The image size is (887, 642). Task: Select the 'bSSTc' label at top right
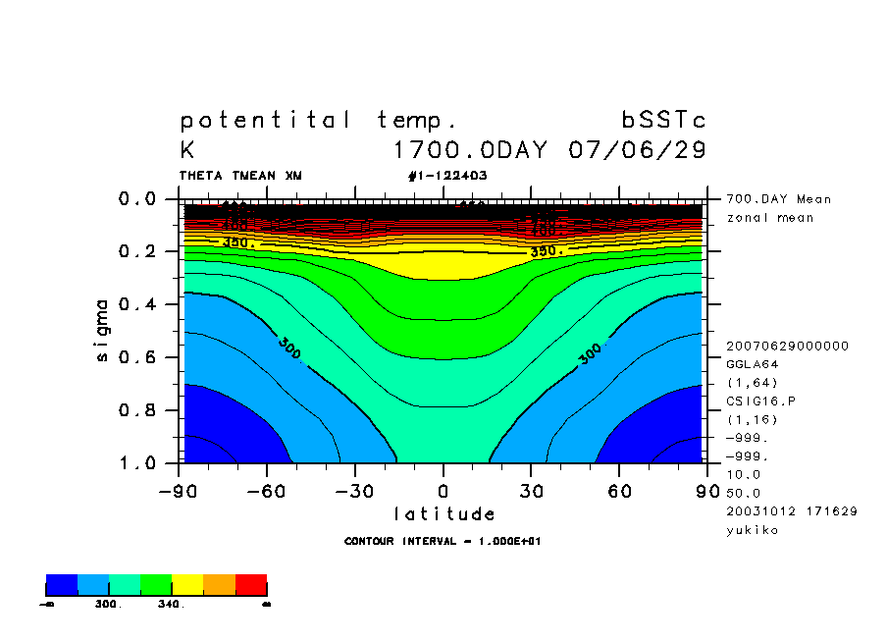click(663, 121)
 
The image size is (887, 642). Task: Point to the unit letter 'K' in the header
click(187, 151)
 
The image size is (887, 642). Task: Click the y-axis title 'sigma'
click(103, 330)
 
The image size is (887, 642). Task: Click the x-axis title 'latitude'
click(443, 513)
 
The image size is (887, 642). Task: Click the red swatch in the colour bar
click(251, 585)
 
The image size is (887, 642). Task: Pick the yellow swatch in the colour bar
click(187, 585)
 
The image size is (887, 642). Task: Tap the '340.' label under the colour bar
click(171, 605)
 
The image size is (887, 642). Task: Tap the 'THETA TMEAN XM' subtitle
click(240, 176)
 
